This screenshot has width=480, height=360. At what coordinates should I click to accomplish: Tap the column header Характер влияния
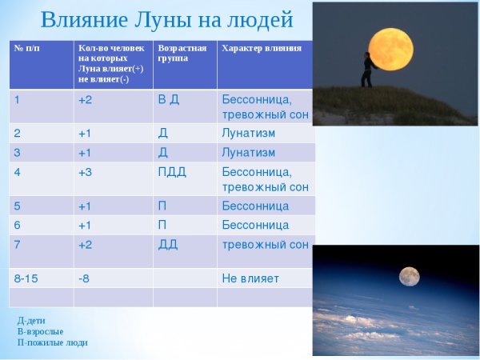(x=261, y=48)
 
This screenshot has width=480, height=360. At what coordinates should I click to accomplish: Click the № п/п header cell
(x=27, y=48)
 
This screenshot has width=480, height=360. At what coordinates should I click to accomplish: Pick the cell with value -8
(x=84, y=278)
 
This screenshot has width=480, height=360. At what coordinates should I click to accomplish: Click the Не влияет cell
(x=250, y=278)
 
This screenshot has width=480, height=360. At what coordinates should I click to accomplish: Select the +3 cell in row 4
(x=85, y=172)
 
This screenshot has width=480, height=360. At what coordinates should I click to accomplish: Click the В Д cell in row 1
(x=168, y=99)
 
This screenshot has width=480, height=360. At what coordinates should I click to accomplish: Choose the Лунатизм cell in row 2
(x=248, y=133)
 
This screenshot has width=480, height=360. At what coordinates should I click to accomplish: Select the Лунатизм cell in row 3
(x=248, y=152)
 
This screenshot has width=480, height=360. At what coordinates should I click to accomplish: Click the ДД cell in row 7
(x=167, y=245)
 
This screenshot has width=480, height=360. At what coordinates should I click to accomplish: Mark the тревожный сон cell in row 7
(x=265, y=245)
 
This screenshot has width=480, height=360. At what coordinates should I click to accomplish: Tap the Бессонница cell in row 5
(x=254, y=206)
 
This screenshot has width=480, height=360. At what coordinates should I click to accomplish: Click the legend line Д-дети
(x=31, y=320)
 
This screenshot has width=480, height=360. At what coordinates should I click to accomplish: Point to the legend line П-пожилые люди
(x=52, y=342)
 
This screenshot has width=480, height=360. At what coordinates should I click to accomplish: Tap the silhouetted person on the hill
(x=367, y=70)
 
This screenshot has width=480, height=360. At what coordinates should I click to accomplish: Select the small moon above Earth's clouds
(x=410, y=276)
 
